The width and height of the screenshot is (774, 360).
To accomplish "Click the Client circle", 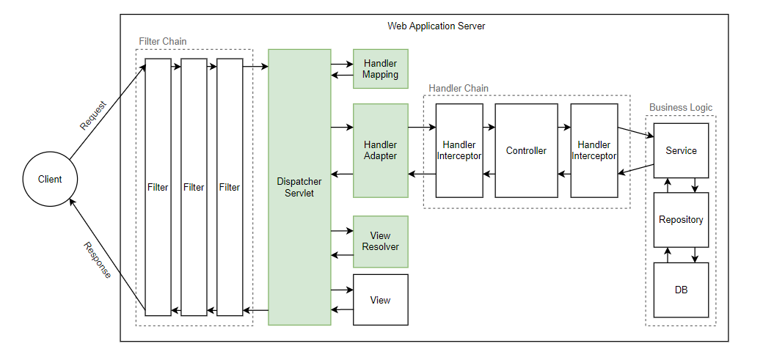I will [50, 180].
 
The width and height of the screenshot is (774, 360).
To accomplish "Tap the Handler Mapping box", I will [380, 69].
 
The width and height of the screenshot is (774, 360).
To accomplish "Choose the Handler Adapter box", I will [380, 150].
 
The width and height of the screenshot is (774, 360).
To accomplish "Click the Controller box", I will [526, 150].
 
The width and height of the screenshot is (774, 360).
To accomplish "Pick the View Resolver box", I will [380, 241].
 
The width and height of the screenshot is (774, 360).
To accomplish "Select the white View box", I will [380, 300].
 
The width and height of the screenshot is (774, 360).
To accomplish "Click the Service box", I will [681, 150].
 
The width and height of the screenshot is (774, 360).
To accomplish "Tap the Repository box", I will [681, 220].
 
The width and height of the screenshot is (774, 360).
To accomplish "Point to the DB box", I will [681, 290].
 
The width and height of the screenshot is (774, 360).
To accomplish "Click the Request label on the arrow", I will [93, 115].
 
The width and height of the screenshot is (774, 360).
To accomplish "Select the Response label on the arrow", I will [97, 260].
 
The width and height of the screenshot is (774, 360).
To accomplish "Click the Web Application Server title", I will [436, 26].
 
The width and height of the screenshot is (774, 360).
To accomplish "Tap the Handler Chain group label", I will [459, 89].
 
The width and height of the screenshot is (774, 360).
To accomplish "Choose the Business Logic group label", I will [680, 108].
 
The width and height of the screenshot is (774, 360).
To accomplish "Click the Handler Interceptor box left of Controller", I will [459, 150].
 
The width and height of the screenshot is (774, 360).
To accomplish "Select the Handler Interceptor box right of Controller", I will [594, 150].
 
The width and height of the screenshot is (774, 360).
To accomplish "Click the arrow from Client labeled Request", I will [110, 107].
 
